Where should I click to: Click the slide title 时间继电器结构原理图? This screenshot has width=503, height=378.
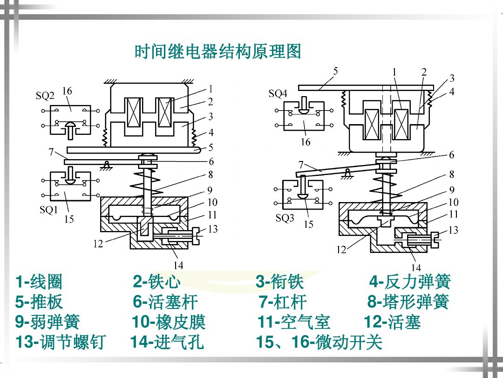coord(218,51)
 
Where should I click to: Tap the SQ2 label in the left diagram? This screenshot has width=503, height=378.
coord(45,96)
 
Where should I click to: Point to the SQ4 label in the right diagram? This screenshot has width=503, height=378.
coord(278,94)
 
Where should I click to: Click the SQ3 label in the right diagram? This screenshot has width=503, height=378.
coord(285,218)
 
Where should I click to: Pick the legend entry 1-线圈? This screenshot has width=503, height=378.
coord(39,282)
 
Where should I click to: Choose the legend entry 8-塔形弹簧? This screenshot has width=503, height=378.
coord(408,302)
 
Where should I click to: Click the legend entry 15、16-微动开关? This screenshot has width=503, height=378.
coord(319,343)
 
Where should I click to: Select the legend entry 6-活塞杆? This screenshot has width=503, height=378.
coord(165,302)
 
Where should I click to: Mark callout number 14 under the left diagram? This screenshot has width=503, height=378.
coord(178,266)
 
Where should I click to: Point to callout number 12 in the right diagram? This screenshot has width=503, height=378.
coord(341,250)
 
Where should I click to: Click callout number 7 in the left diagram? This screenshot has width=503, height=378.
coord(50,152)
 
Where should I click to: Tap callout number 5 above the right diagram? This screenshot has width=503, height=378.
coord(335,71)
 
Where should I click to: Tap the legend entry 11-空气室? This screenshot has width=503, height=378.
coord(293,322)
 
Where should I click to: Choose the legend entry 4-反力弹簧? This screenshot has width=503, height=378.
coord(410,282)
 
